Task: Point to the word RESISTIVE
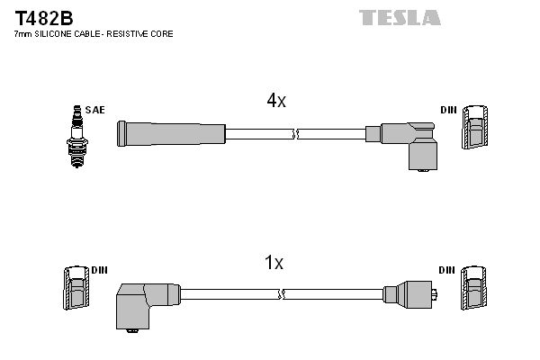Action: point(125,33)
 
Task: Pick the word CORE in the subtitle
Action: point(161,33)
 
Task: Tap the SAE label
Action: point(96,110)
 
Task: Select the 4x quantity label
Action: point(275,102)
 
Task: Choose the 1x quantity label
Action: point(274,263)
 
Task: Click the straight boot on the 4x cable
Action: point(171,134)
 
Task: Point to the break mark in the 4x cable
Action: point(294,134)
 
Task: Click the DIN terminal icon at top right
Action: point(476,129)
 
